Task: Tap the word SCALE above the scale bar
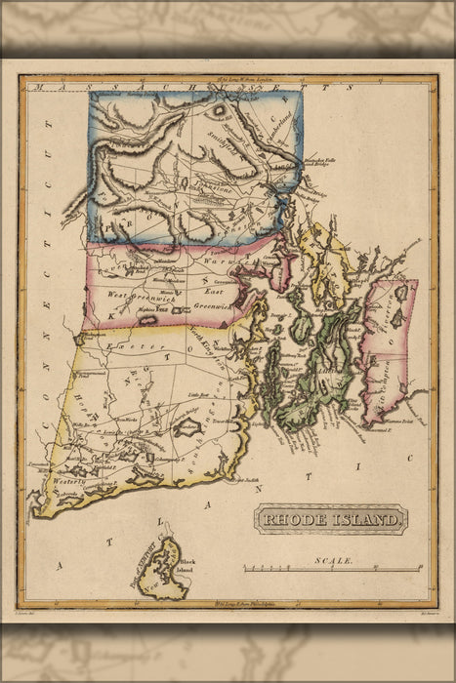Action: click(333, 561)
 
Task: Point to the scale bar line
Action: click(332, 570)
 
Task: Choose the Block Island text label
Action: click(187, 553)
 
